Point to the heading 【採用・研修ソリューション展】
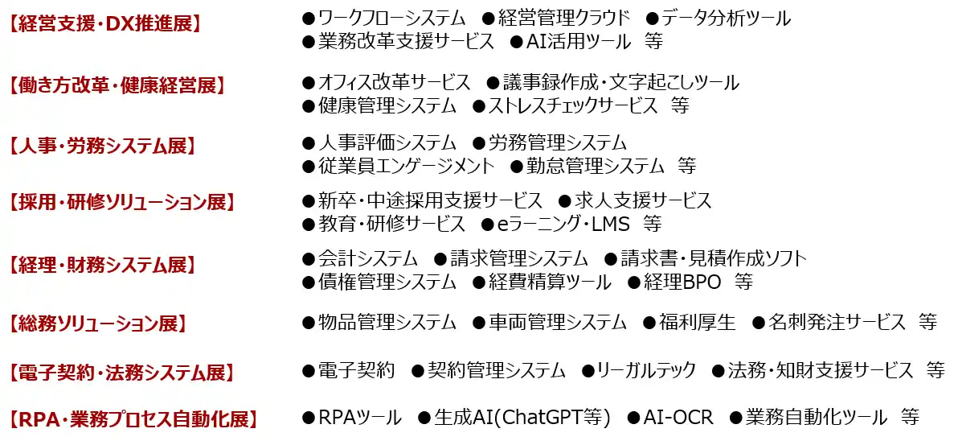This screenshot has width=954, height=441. click(122, 202)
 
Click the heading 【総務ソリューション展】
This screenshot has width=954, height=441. click(97, 324)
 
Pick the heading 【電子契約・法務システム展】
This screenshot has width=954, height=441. click(122, 372)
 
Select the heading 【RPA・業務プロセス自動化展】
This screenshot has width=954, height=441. click(134, 419)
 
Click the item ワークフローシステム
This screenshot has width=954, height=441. click(392, 19)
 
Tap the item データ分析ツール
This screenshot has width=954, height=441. click(726, 19)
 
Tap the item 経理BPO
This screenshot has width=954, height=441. click(682, 282)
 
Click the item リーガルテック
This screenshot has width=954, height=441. click(647, 369)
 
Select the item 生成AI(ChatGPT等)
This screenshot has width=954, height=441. click(522, 417)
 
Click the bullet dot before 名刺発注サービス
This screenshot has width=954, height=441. click(758, 322)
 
